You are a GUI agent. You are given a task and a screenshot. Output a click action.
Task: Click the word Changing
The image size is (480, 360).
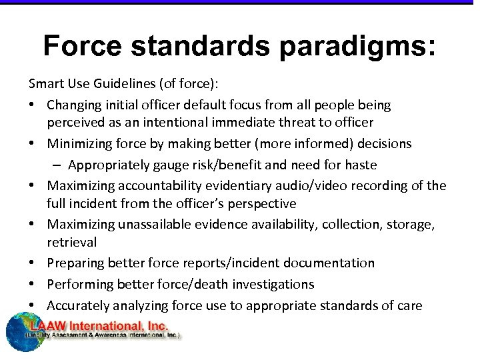click(x=75, y=105)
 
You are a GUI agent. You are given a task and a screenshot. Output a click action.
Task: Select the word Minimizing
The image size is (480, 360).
click(x=81, y=143)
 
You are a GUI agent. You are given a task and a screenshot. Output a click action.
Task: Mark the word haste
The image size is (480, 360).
click(x=360, y=165)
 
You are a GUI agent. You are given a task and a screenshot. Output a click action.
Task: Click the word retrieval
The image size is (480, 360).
click(x=72, y=242)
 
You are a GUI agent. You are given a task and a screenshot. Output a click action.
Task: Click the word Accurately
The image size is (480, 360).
click(x=77, y=305)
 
